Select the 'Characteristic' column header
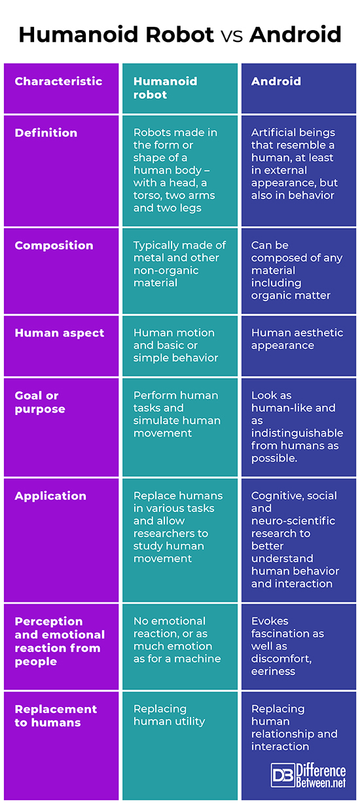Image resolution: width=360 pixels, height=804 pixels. (58, 82)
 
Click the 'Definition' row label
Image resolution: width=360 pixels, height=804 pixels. (46, 133)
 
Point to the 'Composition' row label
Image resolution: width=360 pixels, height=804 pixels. (54, 246)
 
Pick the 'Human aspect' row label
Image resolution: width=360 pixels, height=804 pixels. (59, 333)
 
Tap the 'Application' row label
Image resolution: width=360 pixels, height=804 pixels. (50, 496)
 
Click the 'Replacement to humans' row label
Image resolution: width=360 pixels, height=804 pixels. (56, 716)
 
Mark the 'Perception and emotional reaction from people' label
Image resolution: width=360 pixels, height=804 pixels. (60, 641)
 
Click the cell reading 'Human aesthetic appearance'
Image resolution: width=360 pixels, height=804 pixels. (297, 339)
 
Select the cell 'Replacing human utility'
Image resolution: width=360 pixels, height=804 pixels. (169, 715)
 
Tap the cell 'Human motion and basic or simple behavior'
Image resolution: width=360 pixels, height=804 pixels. (175, 346)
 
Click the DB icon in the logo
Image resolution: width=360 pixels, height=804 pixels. (283, 775)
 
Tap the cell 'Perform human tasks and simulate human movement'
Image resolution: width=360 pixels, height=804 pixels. (177, 414)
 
